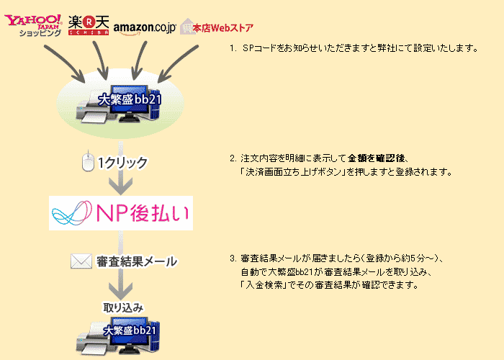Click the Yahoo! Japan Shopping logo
[33, 25]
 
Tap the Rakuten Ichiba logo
[89, 25]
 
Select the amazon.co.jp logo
[145, 28]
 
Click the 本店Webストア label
[222, 28]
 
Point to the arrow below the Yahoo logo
[64, 63]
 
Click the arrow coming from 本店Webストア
[178, 63]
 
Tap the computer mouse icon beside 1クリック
[88, 162]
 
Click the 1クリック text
[122, 163]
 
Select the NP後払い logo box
[121, 213]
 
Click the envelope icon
[81, 261]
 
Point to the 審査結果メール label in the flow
[137, 261]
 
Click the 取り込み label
[123, 307]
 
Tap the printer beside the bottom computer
[94, 341]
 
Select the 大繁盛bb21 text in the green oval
[130, 99]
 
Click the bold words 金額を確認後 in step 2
[376, 158]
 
